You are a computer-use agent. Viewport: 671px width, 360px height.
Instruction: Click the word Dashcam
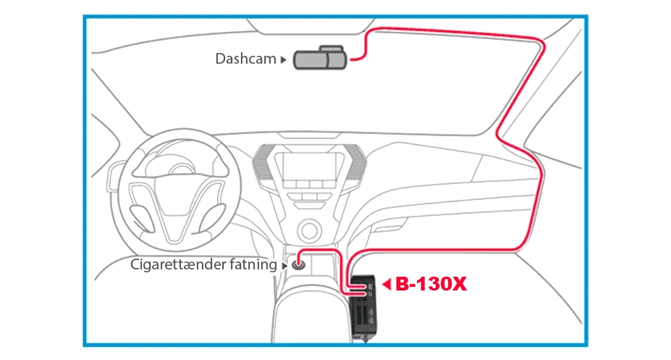245,59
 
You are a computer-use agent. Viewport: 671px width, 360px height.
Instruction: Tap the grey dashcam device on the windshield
320,58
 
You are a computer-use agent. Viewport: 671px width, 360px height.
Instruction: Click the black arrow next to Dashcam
283,60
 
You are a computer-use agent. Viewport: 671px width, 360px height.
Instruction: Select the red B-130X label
431,284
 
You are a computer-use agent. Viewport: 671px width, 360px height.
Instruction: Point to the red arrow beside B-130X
387,284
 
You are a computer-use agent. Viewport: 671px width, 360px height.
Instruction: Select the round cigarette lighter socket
298,265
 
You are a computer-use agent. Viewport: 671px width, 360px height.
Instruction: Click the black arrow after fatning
284,266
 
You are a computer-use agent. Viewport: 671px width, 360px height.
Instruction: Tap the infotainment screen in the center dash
309,167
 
